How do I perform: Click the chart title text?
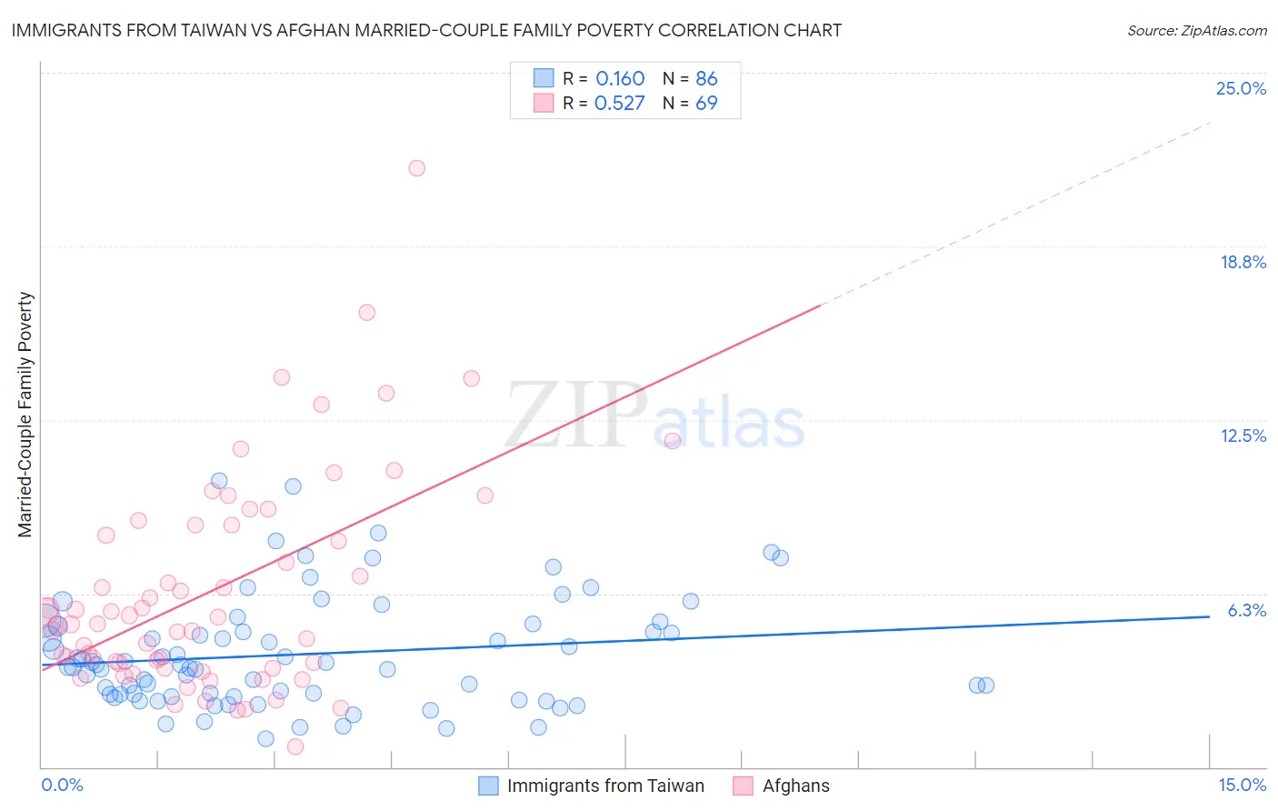tap(426, 30)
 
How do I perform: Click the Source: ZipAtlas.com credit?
tap(1196, 30)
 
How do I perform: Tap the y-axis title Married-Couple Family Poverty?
tap(25, 414)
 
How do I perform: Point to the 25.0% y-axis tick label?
tap(1241, 88)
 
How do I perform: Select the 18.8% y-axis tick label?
tap(1243, 262)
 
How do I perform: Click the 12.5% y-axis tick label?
tap(1243, 436)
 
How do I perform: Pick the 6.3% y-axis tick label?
tap(1246, 610)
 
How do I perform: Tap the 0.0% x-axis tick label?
tap(62, 785)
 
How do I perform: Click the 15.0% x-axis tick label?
tap(1242, 785)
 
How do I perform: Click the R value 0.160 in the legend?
tap(620, 79)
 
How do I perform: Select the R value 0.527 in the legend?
tap(619, 104)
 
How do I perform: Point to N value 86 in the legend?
tap(706, 79)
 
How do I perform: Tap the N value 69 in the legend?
tap(706, 104)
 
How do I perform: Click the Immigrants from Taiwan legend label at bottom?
tap(605, 786)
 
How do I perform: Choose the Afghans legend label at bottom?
tap(795, 786)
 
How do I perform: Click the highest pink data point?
tap(416, 167)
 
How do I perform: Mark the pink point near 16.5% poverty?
tap(366, 312)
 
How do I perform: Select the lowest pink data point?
tap(295, 746)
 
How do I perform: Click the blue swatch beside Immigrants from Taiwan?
tap(488, 786)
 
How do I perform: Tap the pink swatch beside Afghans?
tap(743, 786)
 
